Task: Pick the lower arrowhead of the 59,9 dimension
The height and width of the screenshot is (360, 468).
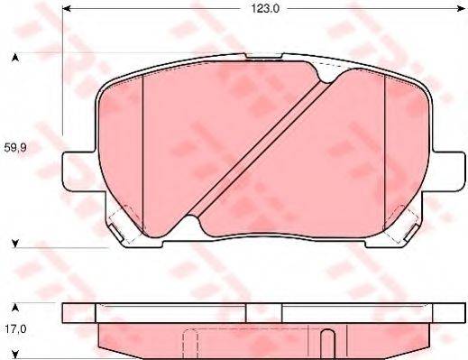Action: tap(15, 242)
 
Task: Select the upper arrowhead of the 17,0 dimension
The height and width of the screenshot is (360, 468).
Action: tap(15, 305)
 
